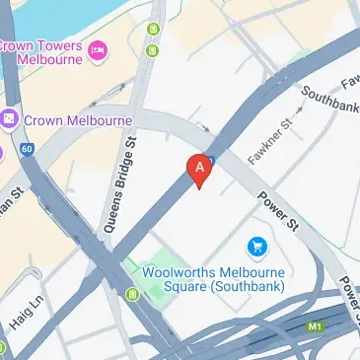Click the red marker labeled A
tap(200, 170)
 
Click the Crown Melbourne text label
tap(76, 120)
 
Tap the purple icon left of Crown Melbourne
tap(9, 119)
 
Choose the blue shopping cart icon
tap(257, 244)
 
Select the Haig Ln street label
tap(28, 301)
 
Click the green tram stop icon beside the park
tap(132, 292)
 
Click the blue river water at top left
tap(39, 12)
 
